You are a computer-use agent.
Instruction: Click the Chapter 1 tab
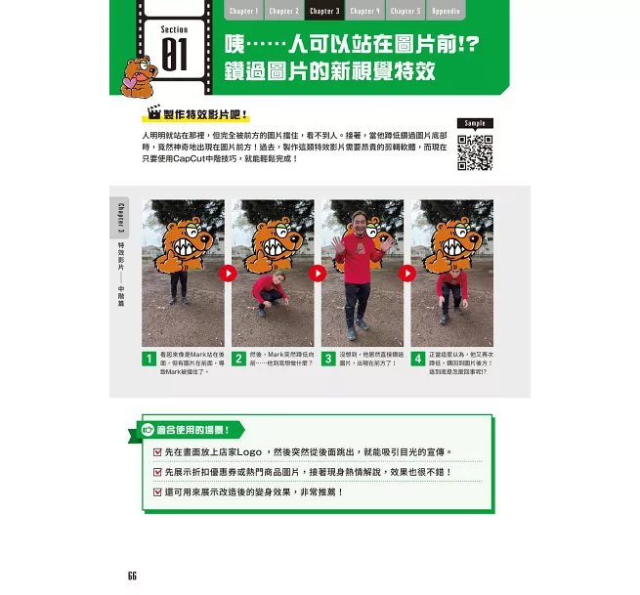244,12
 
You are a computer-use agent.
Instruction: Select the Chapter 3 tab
323,12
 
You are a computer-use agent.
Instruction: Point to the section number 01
175,54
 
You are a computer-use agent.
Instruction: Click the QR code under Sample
474,151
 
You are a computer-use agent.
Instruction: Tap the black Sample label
474,123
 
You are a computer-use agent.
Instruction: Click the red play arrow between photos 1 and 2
228,274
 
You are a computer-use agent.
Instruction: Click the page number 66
132,574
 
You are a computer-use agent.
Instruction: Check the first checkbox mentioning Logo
158,452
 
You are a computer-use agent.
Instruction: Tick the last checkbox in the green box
158,491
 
